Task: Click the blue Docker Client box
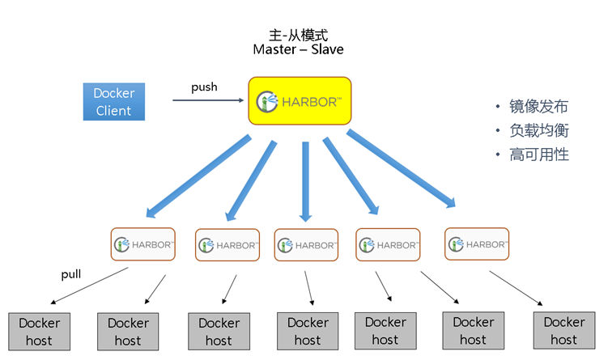[113, 102]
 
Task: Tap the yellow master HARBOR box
[299, 101]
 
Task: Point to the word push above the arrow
[204, 87]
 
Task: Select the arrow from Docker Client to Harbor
[208, 100]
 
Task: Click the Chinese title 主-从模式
[298, 35]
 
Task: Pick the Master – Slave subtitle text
[298, 49]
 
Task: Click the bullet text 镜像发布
[539, 107]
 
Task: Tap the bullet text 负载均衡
[539, 130]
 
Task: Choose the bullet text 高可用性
[539, 154]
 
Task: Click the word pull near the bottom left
[71, 274]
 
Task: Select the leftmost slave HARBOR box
[142, 244]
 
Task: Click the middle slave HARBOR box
[306, 244]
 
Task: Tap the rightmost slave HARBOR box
[477, 244]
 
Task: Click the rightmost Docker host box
[563, 330]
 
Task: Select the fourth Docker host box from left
[308, 332]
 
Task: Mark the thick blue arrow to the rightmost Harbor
[401, 168]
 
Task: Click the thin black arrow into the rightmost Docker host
[517, 288]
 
